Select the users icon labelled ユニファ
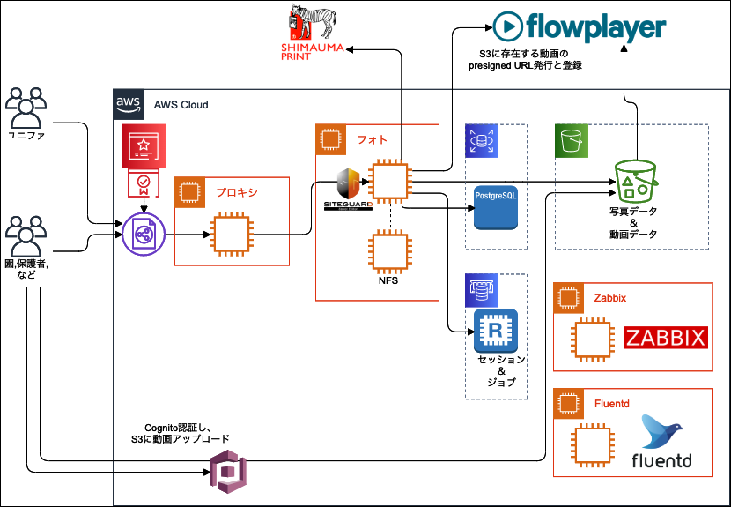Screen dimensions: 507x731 coord(25,108)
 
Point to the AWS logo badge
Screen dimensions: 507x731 coord(129,104)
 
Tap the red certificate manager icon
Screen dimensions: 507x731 coord(143,147)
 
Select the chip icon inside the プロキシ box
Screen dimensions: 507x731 coord(231,235)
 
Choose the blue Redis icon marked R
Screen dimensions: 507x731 coord(496,331)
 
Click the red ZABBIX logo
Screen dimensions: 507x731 coord(666,338)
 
